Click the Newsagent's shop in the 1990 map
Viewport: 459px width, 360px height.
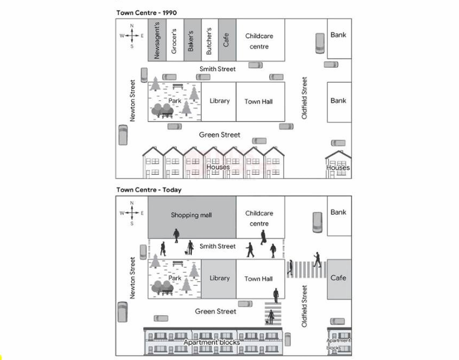pyautogui.click(x=157, y=40)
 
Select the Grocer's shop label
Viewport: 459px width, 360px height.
pyautogui.click(x=174, y=41)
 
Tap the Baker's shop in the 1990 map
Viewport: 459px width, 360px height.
pyautogui.click(x=192, y=40)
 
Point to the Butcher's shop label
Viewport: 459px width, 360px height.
pyautogui.click(x=209, y=41)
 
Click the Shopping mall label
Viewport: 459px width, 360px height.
pyautogui.click(x=192, y=215)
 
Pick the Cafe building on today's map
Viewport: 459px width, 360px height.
pyautogui.click(x=339, y=279)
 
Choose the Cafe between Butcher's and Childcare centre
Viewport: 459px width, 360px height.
pyautogui.click(x=227, y=40)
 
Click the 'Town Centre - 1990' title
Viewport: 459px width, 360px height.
pyautogui.click(x=147, y=13)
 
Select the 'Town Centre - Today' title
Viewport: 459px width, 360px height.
pyautogui.click(x=149, y=190)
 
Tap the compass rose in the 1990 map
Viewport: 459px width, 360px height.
pyautogui.click(x=132, y=36)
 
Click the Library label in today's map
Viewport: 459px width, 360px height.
pyautogui.click(x=220, y=278)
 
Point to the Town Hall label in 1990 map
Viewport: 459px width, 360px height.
pyautogui.click(x=258, y=102)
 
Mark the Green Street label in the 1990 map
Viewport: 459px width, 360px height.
pyautogui.click(x=220, y=135)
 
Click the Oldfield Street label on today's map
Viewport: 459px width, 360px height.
pyautogui.click(x=304, y=306)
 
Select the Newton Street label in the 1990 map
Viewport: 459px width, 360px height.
pyautogui.click(x=132, y=100)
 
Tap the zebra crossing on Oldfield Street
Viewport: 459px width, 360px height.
pyautogui.click(x=306, y=269)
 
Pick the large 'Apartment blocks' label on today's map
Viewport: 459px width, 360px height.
pyautogui.click(x=212, y=342)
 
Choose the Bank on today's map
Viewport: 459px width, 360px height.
pyautogui.click(x=339, y=216)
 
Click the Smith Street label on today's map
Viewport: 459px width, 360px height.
pyautogui.click(x=218, y=246)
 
